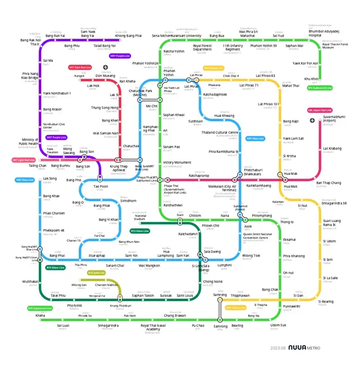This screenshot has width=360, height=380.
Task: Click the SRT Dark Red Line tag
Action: (79, 67)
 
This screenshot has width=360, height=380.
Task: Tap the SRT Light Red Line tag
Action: (24, 160)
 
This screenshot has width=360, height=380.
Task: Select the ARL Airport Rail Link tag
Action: (319, 111)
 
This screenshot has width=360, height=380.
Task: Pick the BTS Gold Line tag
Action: (97, 273)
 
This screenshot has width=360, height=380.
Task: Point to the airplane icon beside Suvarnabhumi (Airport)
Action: (312, 120)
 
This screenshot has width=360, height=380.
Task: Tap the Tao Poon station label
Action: (100, 186)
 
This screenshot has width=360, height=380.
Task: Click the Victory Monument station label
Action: (177, 162)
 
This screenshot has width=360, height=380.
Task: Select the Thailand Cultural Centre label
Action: (220, 132)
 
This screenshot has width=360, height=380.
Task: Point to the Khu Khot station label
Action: (312, 79)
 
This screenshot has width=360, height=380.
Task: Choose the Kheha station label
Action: (40, 315)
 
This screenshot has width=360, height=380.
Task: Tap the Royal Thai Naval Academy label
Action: (154, 328)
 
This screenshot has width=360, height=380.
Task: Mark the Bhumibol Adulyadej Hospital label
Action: (324, 33)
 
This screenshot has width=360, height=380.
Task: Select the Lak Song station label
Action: (50, 178)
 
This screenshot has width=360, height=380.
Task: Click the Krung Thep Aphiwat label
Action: (119, 168)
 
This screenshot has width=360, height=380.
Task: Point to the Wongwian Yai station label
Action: (96, 296)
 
